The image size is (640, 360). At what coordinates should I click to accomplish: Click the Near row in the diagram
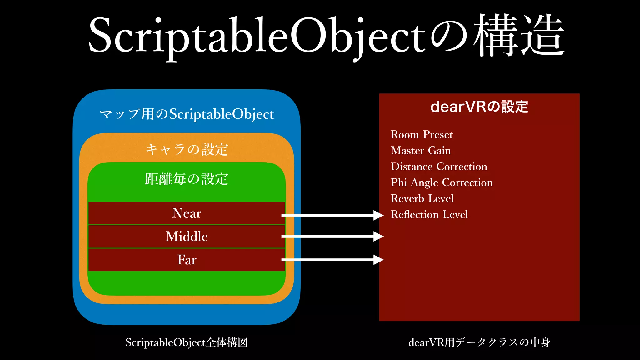187,213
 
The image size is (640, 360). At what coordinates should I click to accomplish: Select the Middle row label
187,237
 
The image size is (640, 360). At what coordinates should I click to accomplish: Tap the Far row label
187,260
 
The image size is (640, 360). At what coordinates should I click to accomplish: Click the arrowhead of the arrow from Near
378,215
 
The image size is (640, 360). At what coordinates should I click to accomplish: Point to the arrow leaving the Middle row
331,237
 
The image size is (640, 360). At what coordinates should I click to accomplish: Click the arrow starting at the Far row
331,260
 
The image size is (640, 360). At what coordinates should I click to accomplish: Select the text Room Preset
422,135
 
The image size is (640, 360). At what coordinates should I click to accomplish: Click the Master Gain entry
421,151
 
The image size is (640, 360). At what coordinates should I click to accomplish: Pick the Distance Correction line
439,167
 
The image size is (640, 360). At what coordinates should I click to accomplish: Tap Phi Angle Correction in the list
442,182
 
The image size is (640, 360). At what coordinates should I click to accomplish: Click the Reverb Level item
422,198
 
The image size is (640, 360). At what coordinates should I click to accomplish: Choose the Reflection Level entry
429,214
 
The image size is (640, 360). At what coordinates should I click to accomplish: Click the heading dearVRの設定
479,107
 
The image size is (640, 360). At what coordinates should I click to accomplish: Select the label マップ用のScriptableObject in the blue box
187,114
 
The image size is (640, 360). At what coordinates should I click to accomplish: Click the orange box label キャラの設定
187,149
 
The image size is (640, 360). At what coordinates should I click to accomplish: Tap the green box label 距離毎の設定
187,179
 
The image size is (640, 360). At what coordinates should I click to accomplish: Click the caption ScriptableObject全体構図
187,342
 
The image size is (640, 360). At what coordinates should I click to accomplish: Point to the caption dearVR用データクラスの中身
479,342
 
